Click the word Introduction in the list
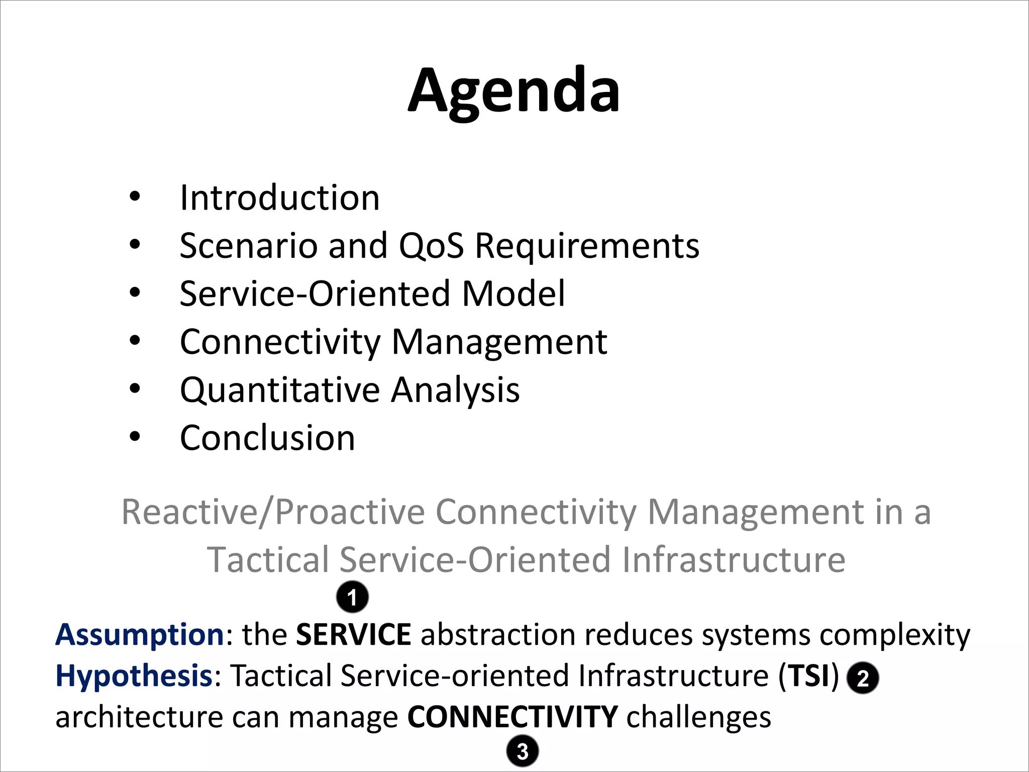click(280, 198)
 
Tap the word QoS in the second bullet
click(431, 246)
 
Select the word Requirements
click(587, 246)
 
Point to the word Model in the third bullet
click(513, 294)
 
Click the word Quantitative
click(280, 390)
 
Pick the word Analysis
click(455, 390)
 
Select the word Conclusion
click(267, 438)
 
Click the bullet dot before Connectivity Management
click(135, 341)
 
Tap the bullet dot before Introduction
click(135, 197)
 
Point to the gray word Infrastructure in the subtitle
click(734, 560)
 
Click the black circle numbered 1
click(352, 597)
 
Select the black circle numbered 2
click(863, 678)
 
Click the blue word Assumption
click(140, 634)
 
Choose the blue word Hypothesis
click(134, 675)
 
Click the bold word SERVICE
click(354, 634)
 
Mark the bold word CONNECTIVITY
click(512, 717)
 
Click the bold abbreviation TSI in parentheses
click(808, 675)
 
